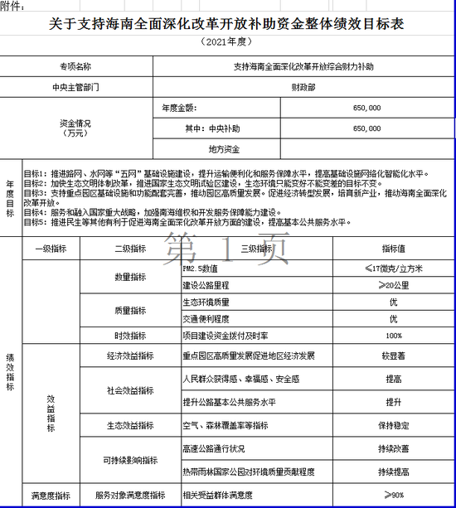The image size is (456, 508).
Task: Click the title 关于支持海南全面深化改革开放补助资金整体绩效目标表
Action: [x=227, y=25]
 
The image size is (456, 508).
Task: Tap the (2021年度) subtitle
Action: [x=227, y=41]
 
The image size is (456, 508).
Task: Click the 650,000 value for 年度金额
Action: [x=366, y=108]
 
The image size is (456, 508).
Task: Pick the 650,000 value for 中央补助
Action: [x=366, y=128]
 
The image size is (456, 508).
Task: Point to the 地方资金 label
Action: [x=225, y=149]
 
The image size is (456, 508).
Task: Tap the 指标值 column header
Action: [x=393, y=248]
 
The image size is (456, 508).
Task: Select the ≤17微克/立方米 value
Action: [x=393, y=269]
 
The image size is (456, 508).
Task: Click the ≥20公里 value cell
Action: [x=393, y=285]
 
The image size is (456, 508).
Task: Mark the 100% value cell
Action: [x=393, y=336]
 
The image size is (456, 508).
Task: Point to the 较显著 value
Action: [x=393, y=356]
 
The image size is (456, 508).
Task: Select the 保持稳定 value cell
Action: [x=393, y=425]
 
